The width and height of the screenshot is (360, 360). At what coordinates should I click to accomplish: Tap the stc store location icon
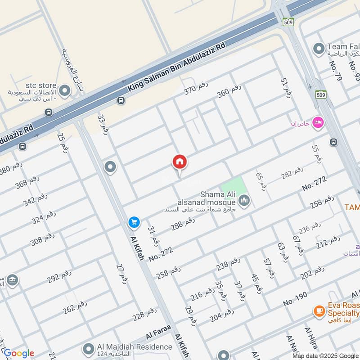(65, 91)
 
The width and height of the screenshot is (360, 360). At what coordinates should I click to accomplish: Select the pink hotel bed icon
(318, 122)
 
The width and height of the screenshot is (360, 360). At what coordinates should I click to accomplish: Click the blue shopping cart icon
(134, 222)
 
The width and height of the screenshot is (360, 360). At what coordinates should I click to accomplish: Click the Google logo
(18, 353)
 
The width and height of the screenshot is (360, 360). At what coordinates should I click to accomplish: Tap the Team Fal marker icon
(319, 48)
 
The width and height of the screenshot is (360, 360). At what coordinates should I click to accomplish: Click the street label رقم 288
(183, 224)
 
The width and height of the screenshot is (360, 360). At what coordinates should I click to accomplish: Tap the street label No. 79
(336, 71)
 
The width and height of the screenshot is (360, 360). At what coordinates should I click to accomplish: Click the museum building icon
(13, 280)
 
